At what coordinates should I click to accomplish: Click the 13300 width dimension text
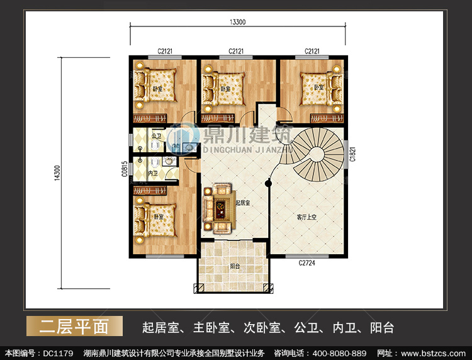coord(237,22)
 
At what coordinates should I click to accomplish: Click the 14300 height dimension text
coord(57,173)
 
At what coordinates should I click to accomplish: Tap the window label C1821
coord(352,154)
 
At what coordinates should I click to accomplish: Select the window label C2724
coord(306,263)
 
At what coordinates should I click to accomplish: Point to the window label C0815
coord(125,169)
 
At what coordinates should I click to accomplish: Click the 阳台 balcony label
coord(235,266)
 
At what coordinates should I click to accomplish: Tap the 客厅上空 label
coord(306,217)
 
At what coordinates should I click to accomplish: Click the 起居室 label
coord(243,203)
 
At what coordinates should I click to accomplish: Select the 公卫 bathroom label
coord(156,136)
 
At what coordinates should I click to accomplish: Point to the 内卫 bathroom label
coord(153,173)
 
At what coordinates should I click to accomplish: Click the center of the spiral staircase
coord(317,154)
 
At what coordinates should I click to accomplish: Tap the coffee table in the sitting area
coord(221,208)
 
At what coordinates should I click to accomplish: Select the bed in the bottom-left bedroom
coord(155,220)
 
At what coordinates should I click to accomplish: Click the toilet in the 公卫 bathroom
coord(155,145)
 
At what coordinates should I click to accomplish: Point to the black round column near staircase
coord(269,183)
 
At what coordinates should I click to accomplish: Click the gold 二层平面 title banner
coord(75,326)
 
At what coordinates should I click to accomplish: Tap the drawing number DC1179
coord(58,353)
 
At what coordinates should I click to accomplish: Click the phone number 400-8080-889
coord(339,353)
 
